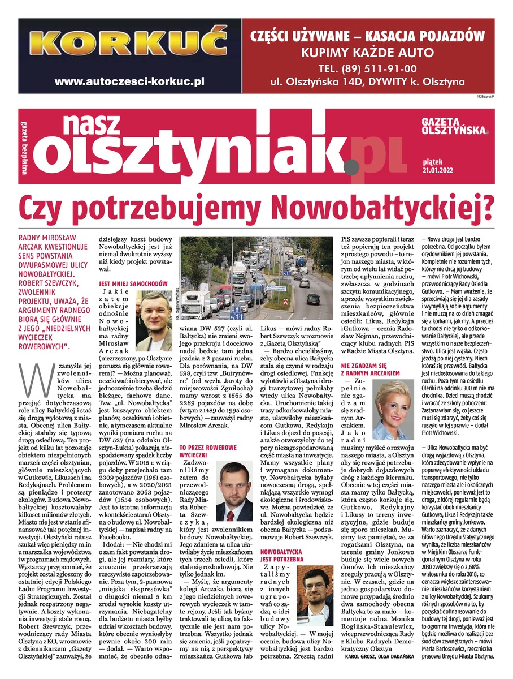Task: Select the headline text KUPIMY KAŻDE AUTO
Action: [x=368, y=53]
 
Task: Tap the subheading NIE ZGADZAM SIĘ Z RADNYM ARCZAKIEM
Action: [x=371, y=370]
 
